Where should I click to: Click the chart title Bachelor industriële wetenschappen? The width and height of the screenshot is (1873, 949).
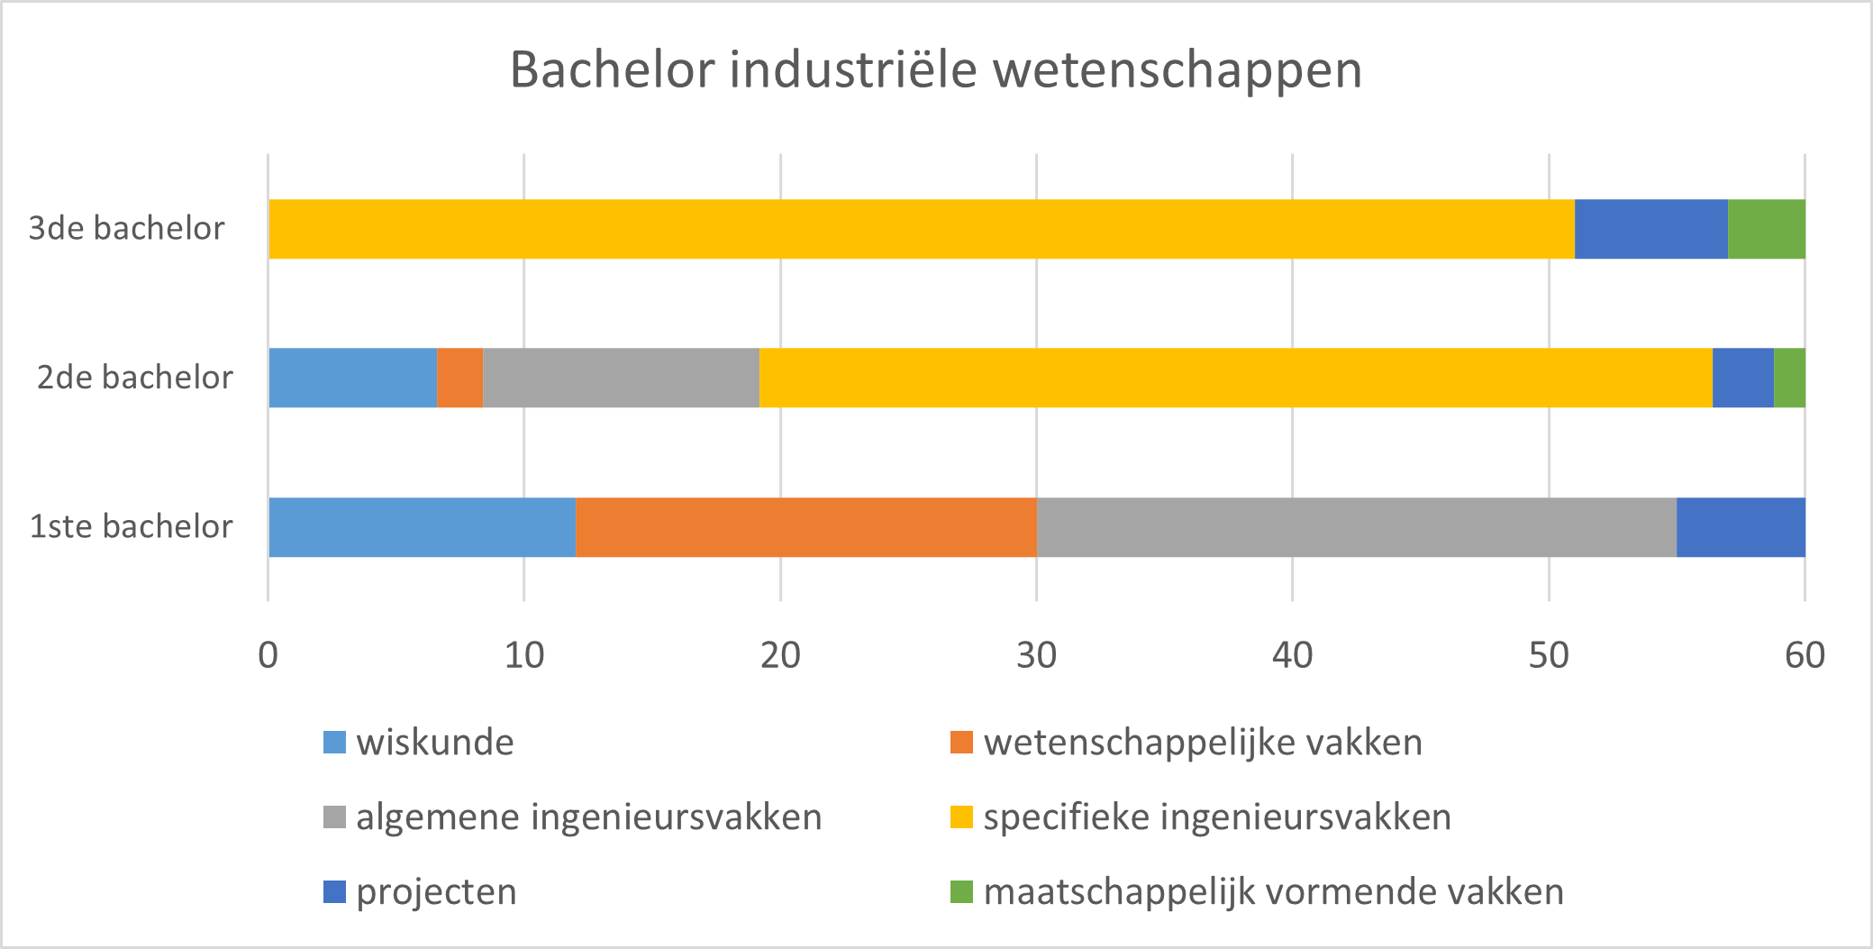tap(935, 70)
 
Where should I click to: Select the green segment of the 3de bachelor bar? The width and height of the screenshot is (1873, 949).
tap(1766, 229)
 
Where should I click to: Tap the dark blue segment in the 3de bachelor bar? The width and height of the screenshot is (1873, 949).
tap(1650, 229)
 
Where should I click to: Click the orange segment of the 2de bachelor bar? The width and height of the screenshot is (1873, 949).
tap(459, 378)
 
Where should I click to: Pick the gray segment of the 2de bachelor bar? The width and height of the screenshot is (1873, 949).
tap(621, 378)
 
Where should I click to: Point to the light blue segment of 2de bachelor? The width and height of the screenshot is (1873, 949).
tap(352, 378)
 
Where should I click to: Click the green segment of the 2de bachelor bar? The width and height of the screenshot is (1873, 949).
tap(1789, 378)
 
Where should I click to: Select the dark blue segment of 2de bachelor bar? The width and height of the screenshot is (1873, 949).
tap(1742, 378)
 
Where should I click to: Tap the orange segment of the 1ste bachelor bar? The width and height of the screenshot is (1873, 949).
tap(805, 527)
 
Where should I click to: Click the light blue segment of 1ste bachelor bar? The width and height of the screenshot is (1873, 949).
tap(422, 527)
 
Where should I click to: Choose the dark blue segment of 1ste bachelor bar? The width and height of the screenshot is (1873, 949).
tap(1741, 527)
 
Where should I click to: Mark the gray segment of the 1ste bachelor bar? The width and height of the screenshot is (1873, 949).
tap(1356, 527)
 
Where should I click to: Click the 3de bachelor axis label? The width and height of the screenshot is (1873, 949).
tap(126, 229)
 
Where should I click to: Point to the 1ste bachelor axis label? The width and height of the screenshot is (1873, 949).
tap(132, 527)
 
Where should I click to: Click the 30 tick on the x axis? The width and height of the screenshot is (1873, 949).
tap(1036, 656)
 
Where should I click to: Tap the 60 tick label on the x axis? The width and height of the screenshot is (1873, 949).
tap(1805, 656)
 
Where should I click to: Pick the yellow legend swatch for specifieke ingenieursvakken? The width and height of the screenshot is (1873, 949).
tap(961, 817)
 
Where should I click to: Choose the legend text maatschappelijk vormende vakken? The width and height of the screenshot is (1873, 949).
tap(1273, 892)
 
